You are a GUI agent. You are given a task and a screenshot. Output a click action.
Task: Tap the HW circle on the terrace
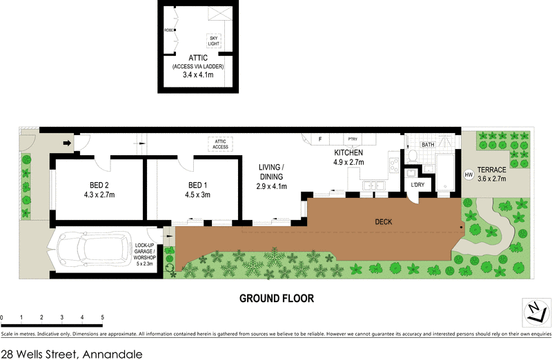(469, 175)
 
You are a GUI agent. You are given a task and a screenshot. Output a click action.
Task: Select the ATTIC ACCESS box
(220, 143)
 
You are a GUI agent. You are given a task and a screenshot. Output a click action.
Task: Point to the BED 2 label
(99, 186)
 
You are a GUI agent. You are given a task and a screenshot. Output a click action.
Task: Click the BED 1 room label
(197, 186)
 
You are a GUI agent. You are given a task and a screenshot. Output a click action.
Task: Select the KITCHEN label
(349, 153)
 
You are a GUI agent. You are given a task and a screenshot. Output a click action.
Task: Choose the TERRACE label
(493, 170)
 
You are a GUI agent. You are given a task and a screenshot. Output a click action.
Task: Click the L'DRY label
(417, 185)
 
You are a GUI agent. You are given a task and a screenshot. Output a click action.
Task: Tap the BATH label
(428, 145)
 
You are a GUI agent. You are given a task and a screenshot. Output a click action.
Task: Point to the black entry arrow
(66, 144)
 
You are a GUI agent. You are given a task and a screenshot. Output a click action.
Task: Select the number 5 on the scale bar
(102, 317)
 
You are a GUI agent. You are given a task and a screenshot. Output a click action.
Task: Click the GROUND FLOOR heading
(277, 299)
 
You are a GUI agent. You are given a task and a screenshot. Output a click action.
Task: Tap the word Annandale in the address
(112, 353)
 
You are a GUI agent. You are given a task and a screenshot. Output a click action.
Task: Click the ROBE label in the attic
(168, 30)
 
